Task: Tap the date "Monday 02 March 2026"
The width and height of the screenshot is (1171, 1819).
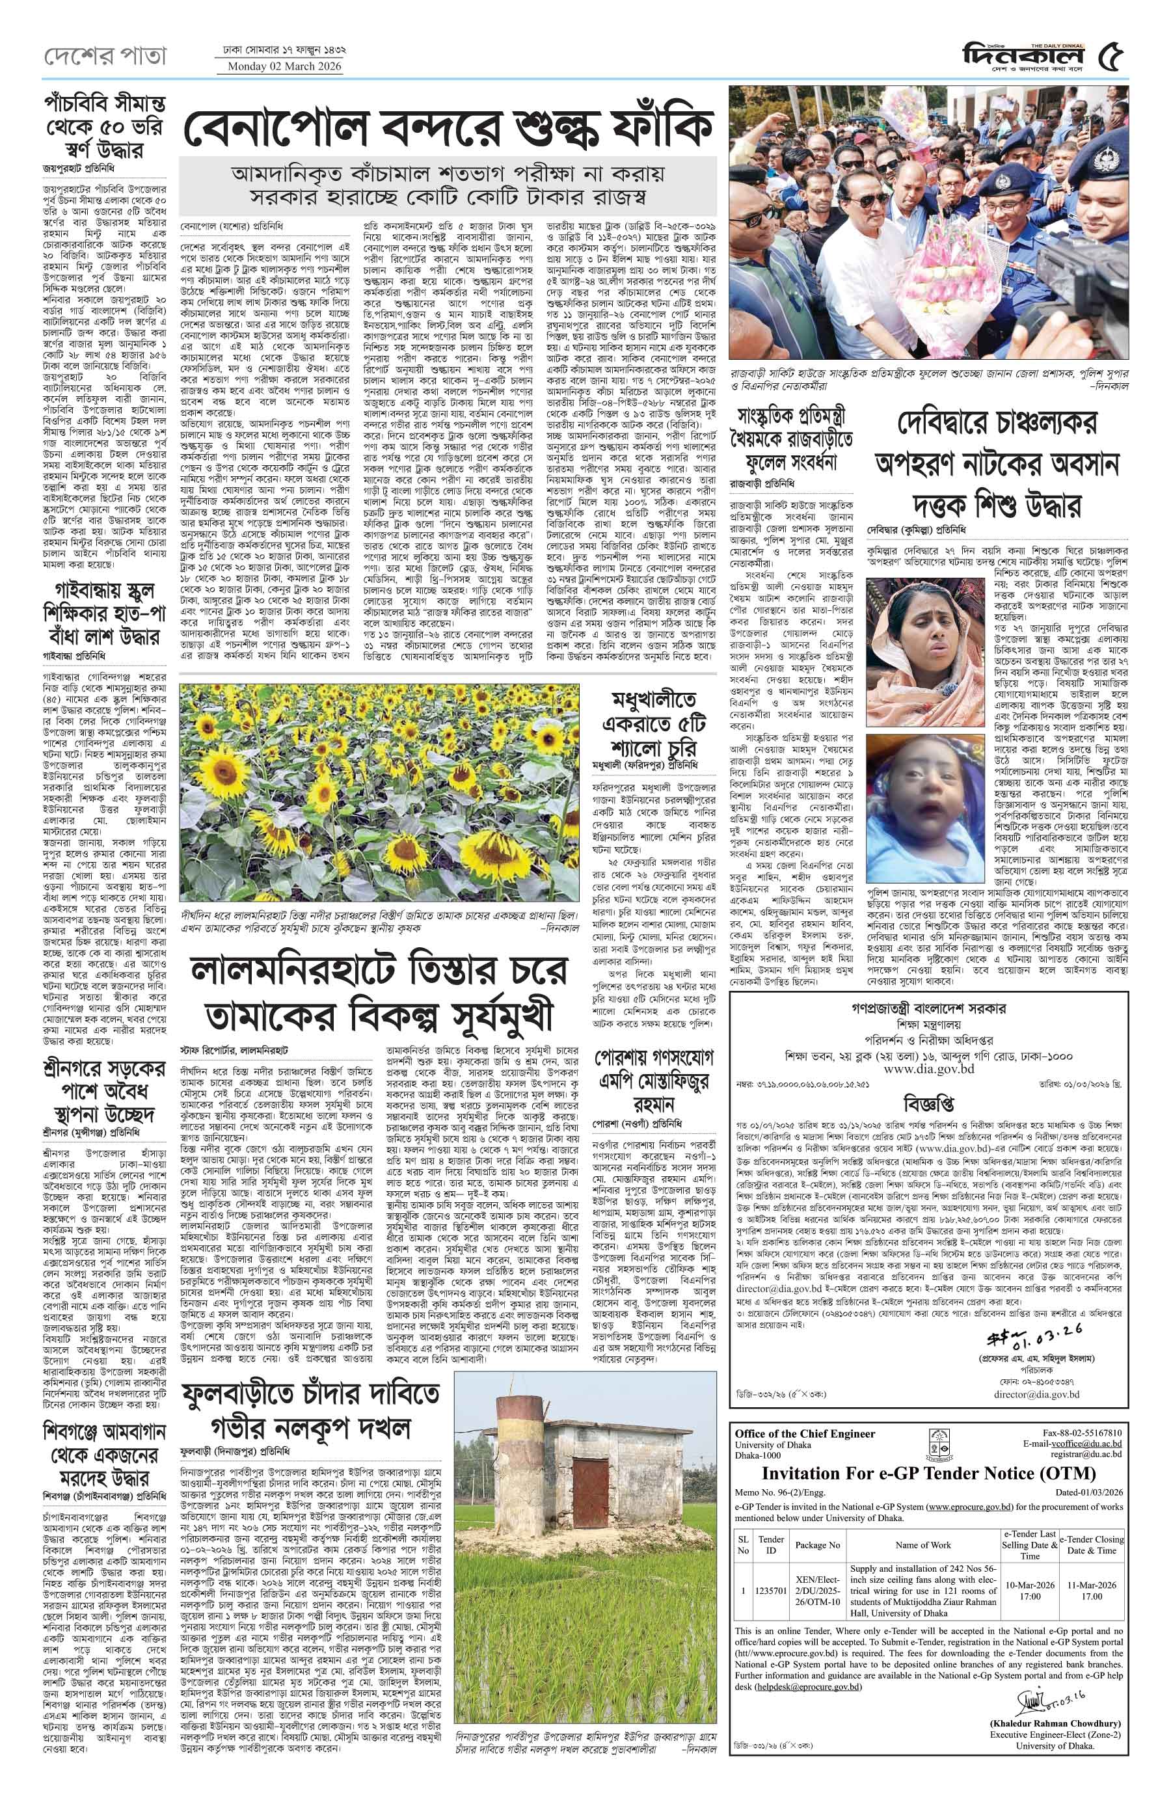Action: point(279,67)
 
